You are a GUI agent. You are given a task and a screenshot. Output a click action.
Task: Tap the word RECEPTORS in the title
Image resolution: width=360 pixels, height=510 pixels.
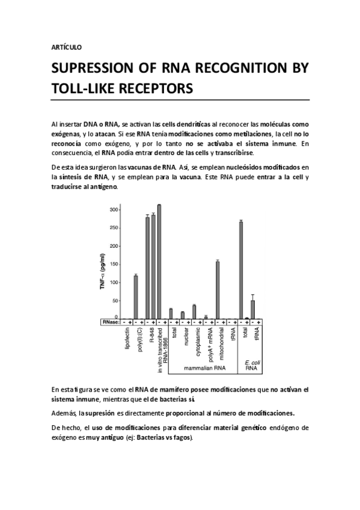point(153,88)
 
